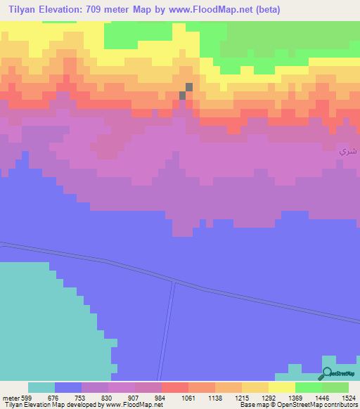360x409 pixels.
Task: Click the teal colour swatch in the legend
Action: click(x=41, y=387)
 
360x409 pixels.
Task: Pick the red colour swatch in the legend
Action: click(x=175, y=387)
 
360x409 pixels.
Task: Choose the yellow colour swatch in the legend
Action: click(x=282, y=387)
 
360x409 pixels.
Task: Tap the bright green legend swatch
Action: click(x=309, y=387)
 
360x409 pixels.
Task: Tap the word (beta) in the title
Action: click(x=269, y=10)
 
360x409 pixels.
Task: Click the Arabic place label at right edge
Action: click(x=347, y=151)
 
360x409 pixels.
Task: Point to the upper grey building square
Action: click(x=188, y=87)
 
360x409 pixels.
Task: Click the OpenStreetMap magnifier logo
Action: click(x=326, y=374)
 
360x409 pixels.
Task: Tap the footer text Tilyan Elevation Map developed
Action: click(x=49, y=404)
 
